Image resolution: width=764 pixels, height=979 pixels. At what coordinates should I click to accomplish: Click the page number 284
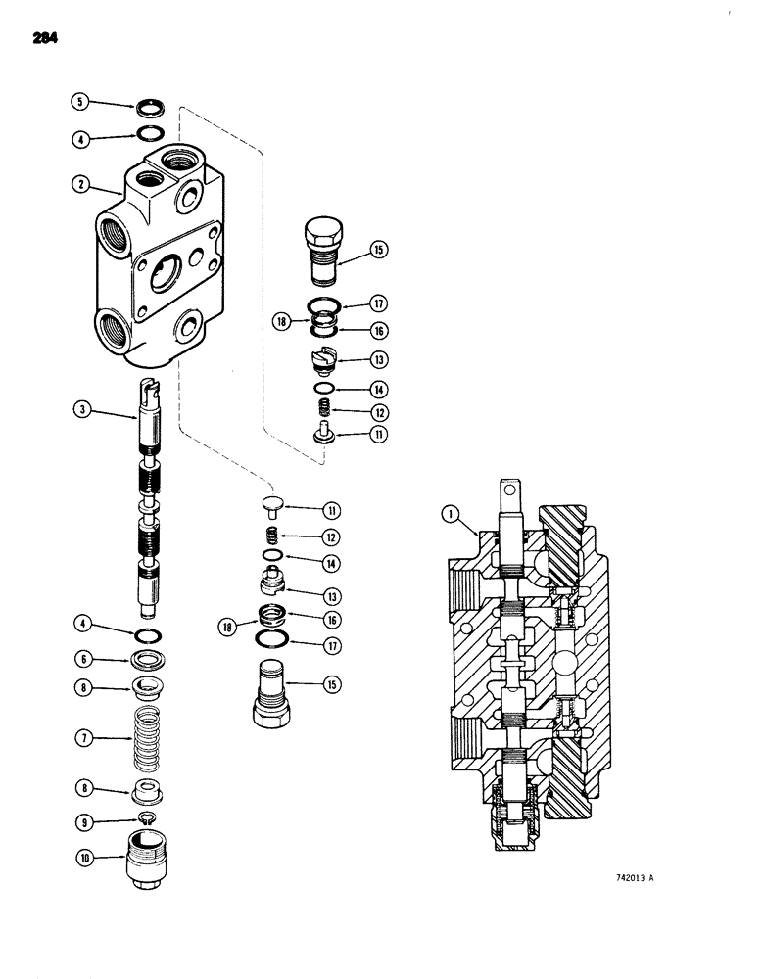tap(44, 38)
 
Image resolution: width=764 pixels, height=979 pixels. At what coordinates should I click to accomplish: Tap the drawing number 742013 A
tap(623, 877)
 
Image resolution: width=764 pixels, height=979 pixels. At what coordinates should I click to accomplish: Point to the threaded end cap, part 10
tap(149, 859)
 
